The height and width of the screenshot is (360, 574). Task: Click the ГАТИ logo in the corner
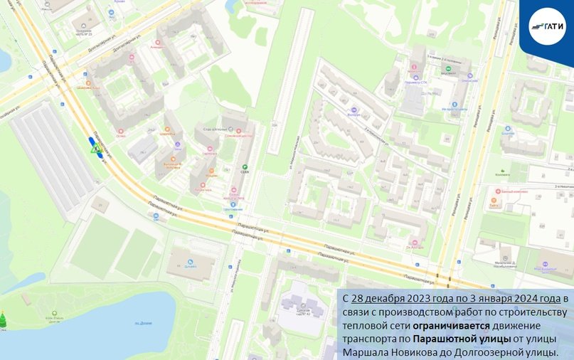pyautogui.click(x=547, y=26)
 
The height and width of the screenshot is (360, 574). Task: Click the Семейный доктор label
pyautogui.click(x=238, y=136)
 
